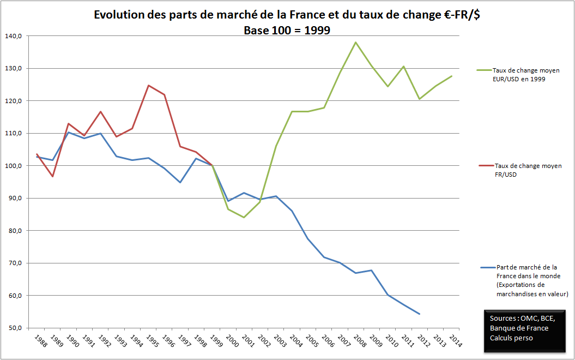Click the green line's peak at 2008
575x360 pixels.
pyautogui.click(x=355, y=43)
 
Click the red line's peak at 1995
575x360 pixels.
pyautogui.click(x=148, y=85)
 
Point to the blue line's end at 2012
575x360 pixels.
pyautogui.click(x=419, y=314)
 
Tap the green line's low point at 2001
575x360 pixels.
pyautogui.click(x=244, y=218)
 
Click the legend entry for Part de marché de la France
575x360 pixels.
pyautogui.click(x=526, y=280)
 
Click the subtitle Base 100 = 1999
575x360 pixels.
pyautogui.click(x=287, y=31)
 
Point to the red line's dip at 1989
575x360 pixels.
pyautogui.click(x=53, y=177)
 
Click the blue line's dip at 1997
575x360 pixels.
pyautogui.click(x=180, y=182)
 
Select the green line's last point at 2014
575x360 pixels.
pyautogui.click(x=451, y=76)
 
